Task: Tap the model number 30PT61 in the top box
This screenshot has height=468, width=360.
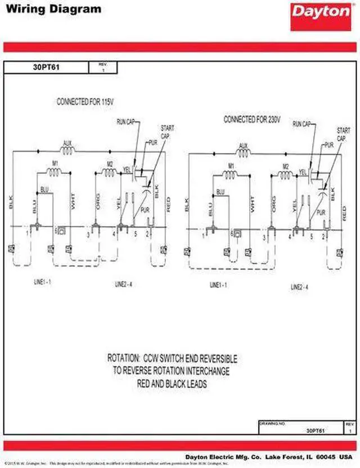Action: (x=46, y=67)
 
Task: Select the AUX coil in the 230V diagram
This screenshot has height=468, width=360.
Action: (x=244, y=152)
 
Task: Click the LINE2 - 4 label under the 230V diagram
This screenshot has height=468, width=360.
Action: (x=300, y=287)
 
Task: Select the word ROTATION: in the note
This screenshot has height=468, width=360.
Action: (x=124, y=358)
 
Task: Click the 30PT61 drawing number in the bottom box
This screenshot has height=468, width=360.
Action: (x=314, y=430)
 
